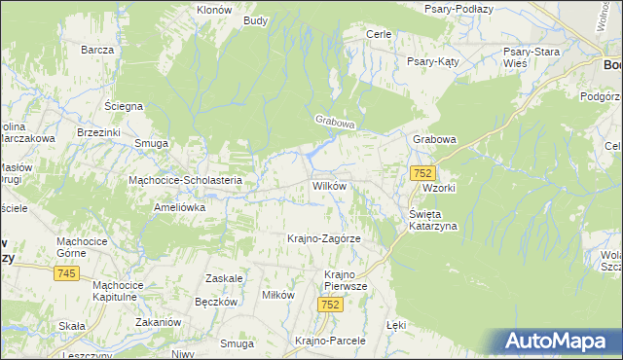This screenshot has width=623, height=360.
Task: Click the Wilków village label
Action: (329, 185)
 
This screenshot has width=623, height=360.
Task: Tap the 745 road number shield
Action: (66, 273)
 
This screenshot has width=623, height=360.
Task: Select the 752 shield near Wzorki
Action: (421, 172)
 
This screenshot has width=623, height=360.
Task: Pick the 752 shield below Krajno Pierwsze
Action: (331, 305)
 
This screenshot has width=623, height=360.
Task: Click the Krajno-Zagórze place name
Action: (324, 238)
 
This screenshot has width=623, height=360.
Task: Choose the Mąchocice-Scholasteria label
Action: (192, 180)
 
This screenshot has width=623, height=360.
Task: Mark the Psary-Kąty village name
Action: (433, 60)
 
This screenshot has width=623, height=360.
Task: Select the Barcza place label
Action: (98, 50)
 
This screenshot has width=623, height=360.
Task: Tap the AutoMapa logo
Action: (559, 342)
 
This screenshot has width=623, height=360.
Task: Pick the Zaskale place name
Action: (224, 277)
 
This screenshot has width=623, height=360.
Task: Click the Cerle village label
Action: (378, 34)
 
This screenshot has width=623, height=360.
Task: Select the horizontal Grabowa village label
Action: (434, 139)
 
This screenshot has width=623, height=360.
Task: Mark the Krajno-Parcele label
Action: (329, 341)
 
